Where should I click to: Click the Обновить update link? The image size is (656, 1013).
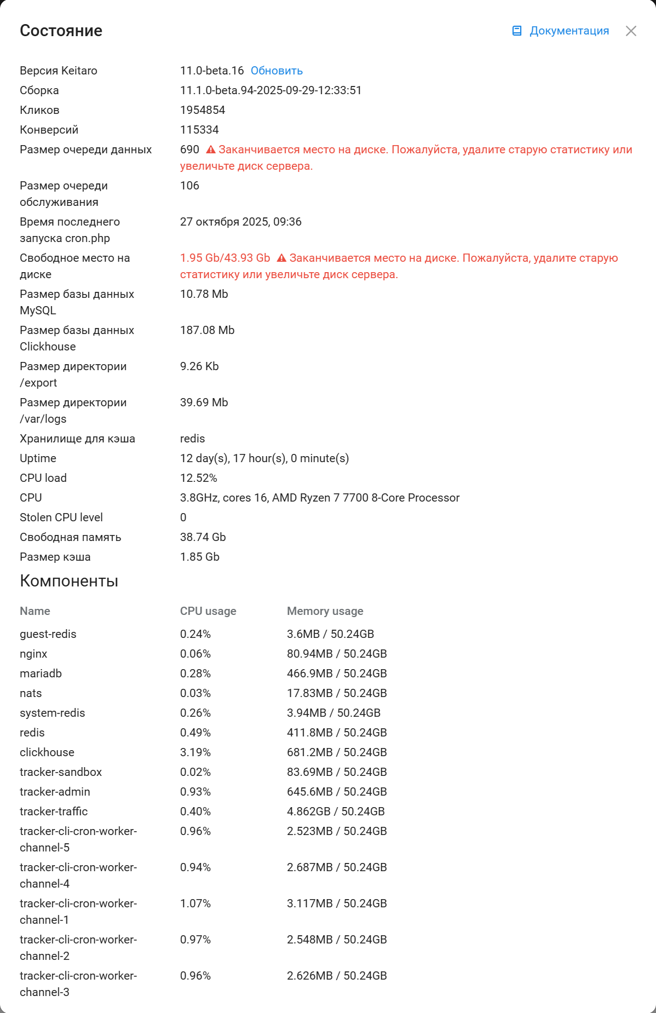point(277,71)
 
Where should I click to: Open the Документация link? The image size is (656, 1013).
point(568,31)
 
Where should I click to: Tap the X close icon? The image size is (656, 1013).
point(631,31)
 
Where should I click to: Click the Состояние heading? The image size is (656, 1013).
point(61,31)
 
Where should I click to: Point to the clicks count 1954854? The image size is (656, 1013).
point(203,110)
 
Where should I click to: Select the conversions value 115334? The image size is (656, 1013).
point(199,130)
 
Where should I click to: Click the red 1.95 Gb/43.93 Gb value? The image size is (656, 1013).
point(225,258)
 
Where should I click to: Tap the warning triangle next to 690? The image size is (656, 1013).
point(211,149)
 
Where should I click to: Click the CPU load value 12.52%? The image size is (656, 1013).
point(198,478)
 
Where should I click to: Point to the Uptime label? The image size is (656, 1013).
point(38,458)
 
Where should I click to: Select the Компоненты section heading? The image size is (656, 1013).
point(69,581)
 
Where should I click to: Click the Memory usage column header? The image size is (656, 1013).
point(325,611)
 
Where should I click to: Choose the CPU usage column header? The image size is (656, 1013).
point(208,611)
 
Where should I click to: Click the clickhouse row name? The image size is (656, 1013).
point(47,752)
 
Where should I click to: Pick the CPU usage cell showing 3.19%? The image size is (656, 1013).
point(195,752)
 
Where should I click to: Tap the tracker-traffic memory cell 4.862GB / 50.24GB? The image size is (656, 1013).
point(336,811)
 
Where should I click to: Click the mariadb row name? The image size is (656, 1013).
point(41,674)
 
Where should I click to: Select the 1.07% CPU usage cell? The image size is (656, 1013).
point(195,903)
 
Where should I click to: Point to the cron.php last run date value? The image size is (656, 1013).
point(240,222)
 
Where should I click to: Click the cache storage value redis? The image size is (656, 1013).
point(192,439)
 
